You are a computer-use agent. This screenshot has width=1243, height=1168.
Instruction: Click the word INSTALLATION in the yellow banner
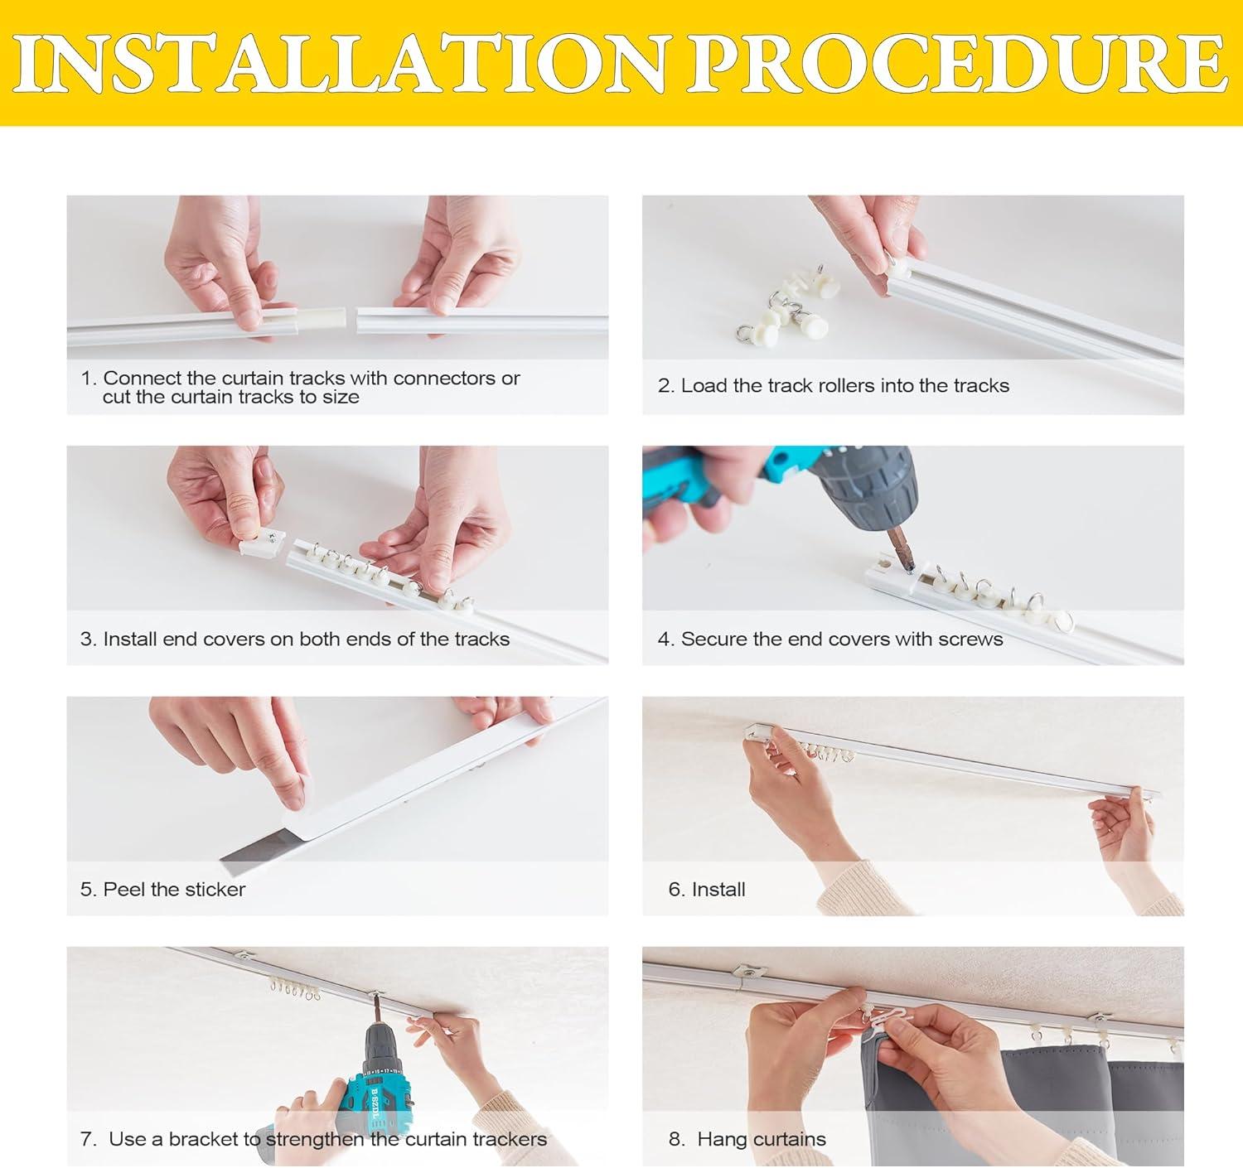click(339, 64)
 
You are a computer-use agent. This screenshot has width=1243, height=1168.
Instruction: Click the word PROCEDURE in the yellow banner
click(957, 63)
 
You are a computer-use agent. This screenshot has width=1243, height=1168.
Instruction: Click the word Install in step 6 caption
click(718, 890)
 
